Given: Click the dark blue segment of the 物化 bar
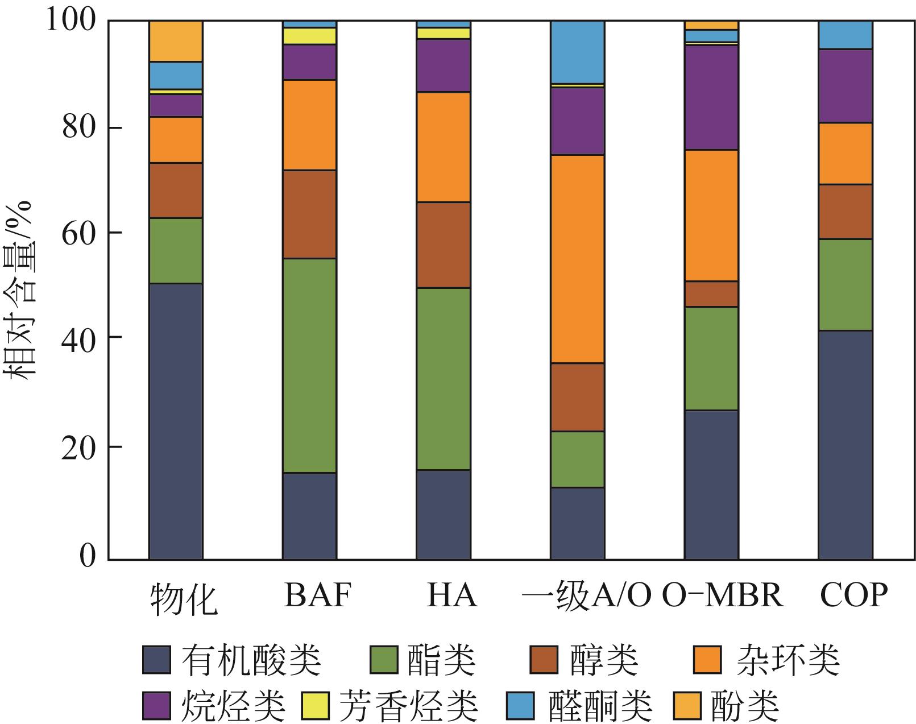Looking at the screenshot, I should coord(176,421).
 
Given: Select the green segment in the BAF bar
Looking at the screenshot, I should coord(309,365).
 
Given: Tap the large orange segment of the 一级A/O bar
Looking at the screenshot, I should coord(577,258).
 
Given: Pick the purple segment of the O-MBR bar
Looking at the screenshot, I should coord(711,97).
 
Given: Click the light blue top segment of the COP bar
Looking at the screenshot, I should coord(845,35).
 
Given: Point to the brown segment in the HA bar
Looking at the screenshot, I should coord(443,245).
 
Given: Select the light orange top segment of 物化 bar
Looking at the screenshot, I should coord(176,41).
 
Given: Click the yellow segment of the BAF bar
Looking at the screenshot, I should coord(309,36).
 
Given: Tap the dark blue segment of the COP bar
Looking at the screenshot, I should coord(845,445).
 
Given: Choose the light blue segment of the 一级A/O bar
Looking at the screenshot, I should coord(577,52).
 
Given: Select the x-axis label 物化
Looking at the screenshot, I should coord(184,598).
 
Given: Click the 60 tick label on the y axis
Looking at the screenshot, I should coord(80,233).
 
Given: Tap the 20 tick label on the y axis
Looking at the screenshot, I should coord(80,447).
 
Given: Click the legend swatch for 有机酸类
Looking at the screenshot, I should coord(156,660).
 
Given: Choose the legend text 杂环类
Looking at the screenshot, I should coord(787,660).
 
